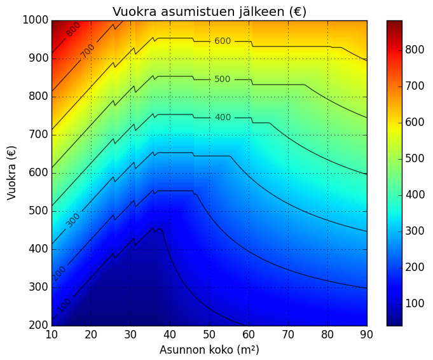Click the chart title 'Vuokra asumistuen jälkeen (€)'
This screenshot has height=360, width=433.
209,11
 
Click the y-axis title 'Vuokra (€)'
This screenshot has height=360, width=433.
11,173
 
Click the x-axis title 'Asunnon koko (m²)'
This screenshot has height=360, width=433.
209,350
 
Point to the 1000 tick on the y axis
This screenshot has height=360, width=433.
36,20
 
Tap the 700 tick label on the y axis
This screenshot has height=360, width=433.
38,135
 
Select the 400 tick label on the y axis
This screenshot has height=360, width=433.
38,249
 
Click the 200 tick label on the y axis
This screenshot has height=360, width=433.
38,326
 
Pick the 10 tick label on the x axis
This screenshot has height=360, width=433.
52,335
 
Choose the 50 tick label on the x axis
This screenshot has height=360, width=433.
209,335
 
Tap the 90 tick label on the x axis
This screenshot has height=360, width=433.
367,335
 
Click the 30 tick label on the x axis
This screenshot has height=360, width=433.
130,335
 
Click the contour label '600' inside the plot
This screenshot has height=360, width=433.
223,41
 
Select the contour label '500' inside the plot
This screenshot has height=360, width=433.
223,80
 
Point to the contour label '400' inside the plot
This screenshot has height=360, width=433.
223,118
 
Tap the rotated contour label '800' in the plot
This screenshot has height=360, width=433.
73,29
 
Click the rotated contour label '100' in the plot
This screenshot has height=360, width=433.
65,305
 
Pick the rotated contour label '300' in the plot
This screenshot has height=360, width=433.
73,221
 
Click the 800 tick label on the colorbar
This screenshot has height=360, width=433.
415,50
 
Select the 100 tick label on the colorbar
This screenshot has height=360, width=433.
415,303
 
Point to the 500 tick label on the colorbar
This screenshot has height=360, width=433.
415,158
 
